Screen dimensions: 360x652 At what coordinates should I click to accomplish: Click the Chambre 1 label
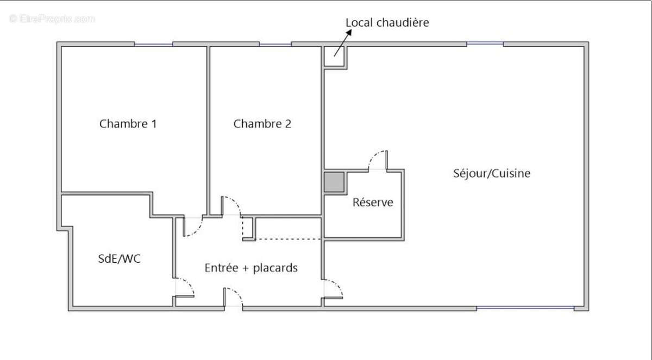point(128,124)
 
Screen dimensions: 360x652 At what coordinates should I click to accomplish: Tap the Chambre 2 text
point(262,124)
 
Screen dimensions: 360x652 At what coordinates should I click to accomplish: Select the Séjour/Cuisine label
point(491,174)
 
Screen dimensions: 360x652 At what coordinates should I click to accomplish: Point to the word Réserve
point(373,203)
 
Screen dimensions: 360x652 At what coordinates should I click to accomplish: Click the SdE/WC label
point(119,259)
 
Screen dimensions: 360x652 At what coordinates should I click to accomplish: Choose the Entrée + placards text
point(250,268)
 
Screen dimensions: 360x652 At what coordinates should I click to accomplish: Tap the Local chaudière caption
point(387,23)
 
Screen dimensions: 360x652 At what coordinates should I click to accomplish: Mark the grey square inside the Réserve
point(334,182)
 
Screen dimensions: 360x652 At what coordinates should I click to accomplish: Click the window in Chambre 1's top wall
point(153,44)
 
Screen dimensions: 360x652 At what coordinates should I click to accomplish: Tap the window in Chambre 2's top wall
point(275,44)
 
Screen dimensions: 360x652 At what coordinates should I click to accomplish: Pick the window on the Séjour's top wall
point(485,44)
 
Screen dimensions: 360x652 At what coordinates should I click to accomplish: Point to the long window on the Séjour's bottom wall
point(525,308)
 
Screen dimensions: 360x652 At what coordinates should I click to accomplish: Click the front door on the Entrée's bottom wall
point(234,298)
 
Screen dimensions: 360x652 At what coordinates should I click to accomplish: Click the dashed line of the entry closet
point(288,239)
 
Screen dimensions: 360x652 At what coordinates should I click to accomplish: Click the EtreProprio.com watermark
point(52,18)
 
